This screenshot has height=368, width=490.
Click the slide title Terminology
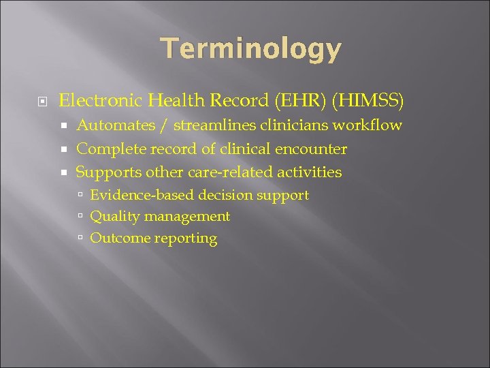250,50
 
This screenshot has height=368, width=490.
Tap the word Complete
111,149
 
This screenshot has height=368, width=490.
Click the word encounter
310,149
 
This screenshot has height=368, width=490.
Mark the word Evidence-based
142,195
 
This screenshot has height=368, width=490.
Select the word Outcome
120,239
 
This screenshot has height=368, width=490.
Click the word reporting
186,239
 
